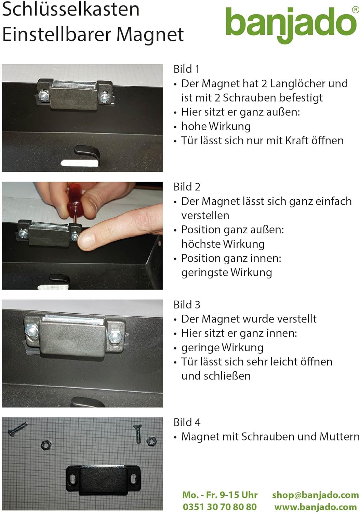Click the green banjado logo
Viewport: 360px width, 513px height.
coord(291,23)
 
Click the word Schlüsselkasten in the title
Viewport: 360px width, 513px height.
coord(71,9)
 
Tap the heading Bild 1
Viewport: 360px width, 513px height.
coord(186,69)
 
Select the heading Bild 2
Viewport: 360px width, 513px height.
coord(187,187)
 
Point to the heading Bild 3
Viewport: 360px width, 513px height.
coord(187,304)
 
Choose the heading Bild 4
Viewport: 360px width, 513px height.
coord(187,422)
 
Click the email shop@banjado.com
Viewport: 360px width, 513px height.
coord(315,495)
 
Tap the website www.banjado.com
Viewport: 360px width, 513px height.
coord(315,507)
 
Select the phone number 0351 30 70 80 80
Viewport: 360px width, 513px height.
coord(219,507)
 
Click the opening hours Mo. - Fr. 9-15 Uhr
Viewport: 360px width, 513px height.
coord(220,495)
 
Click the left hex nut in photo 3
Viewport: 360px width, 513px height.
coord(32,331)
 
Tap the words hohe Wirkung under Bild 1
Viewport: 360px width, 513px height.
coord(216,126)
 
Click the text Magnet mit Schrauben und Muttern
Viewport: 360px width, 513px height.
coord(270,437)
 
